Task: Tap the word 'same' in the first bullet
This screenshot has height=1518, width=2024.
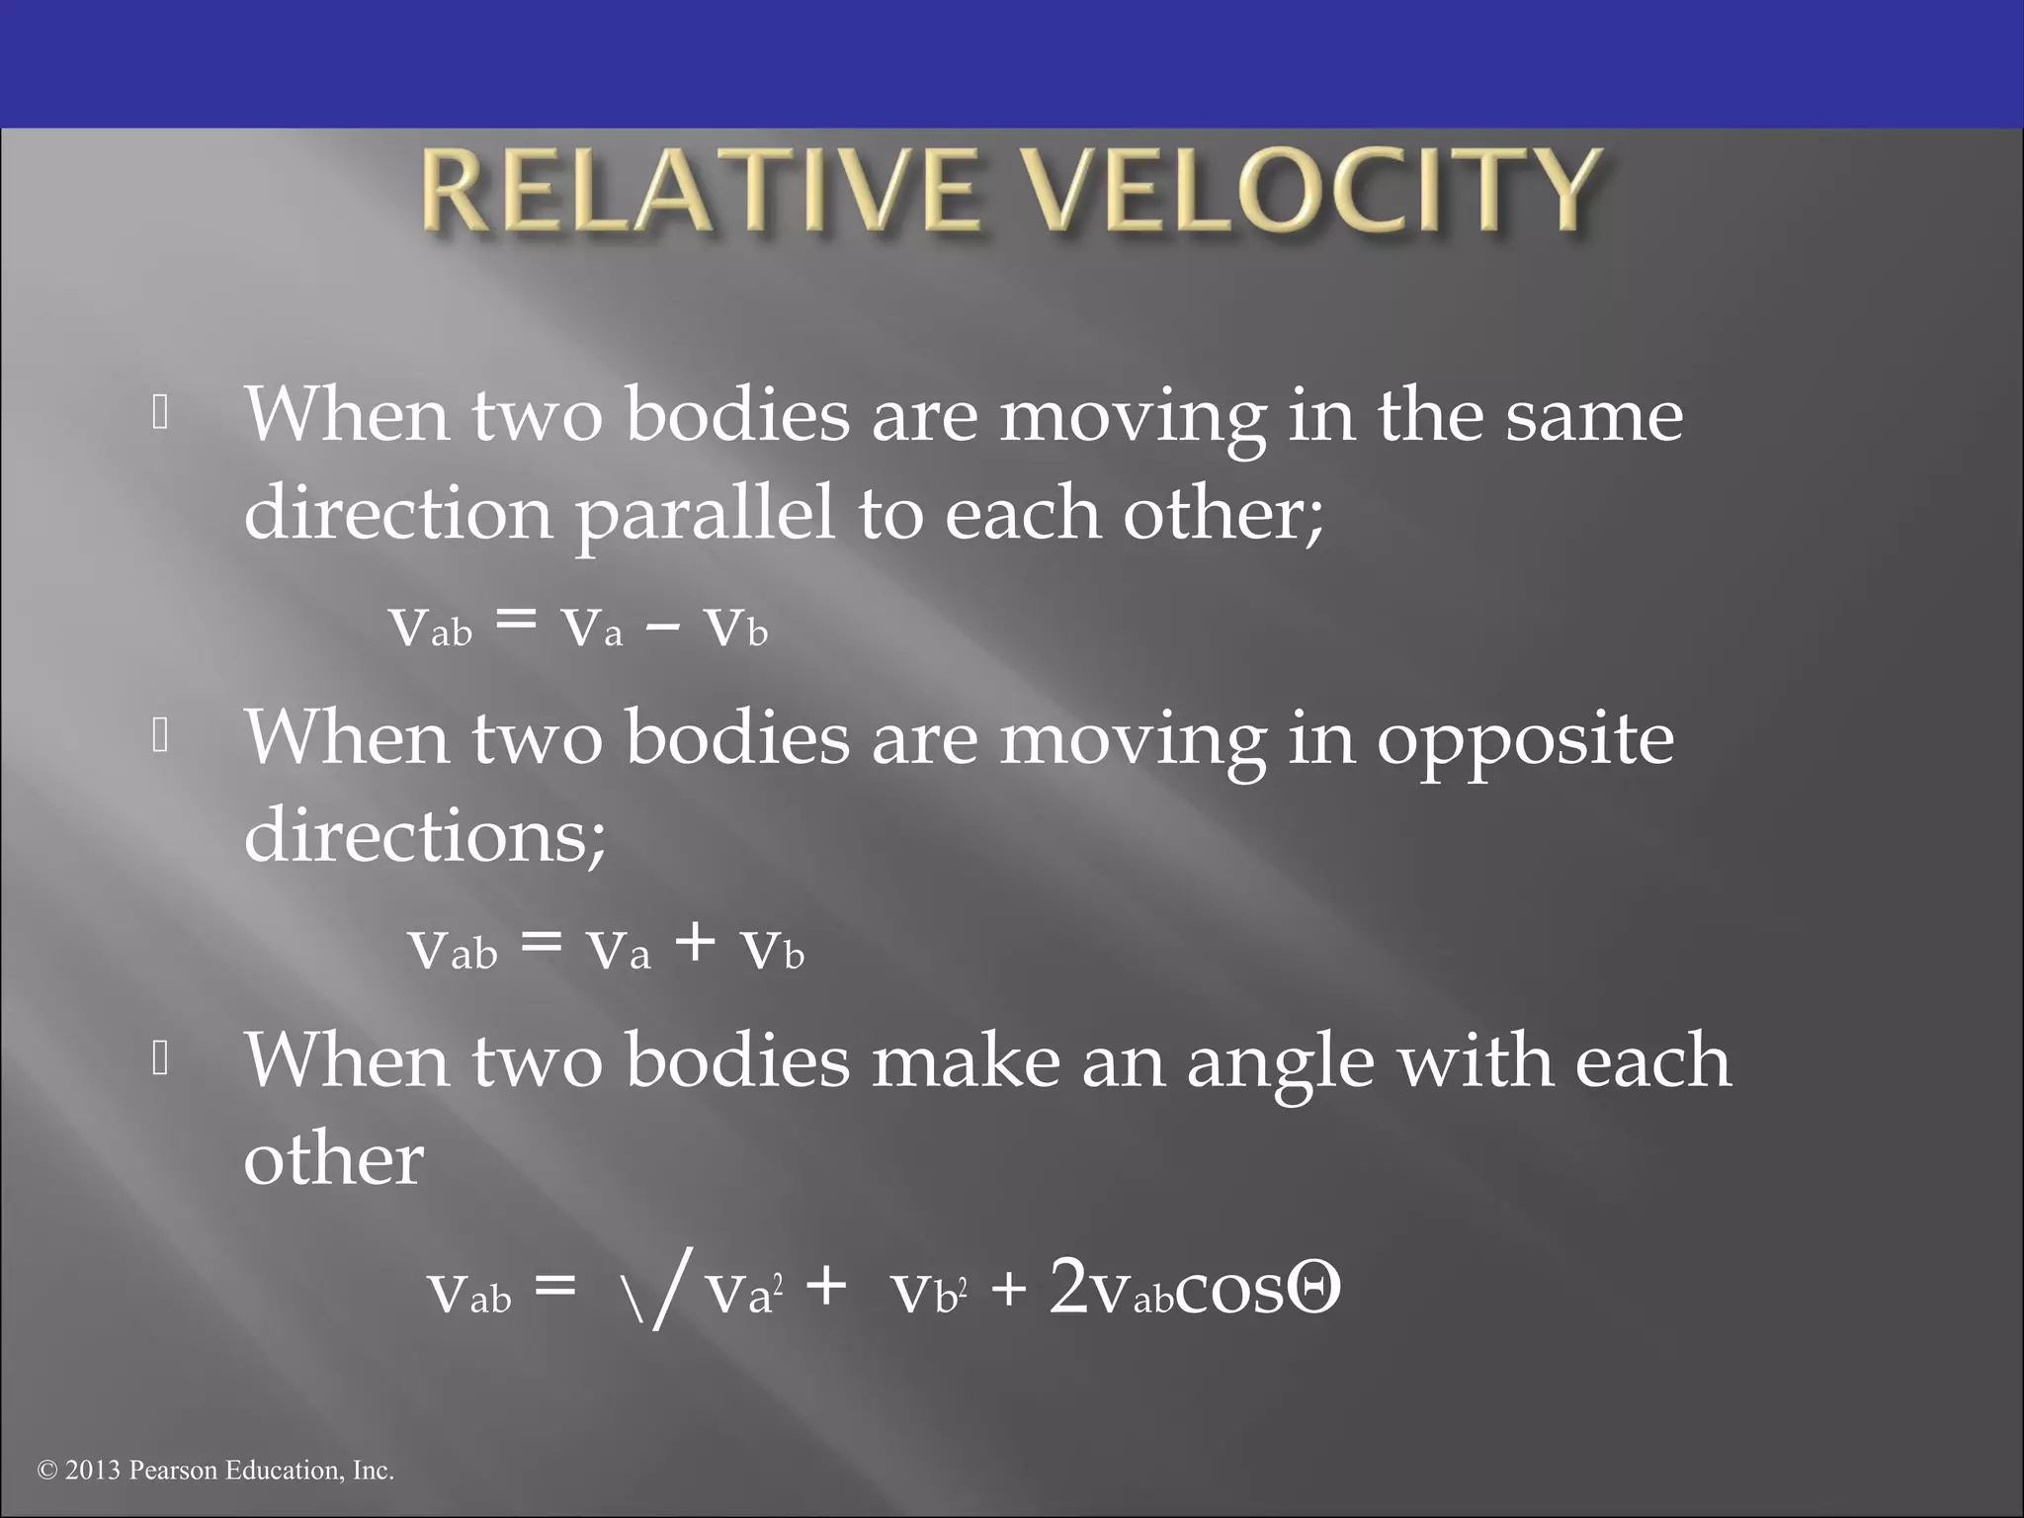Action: coord(1594,415)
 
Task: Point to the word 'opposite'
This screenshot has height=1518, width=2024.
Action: coord(1525,739)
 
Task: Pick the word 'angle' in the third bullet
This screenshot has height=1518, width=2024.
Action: coord(1280,1060)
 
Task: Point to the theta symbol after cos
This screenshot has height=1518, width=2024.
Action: coord(1313,1289)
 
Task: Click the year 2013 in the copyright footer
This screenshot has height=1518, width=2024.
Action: coord(93,1471)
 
